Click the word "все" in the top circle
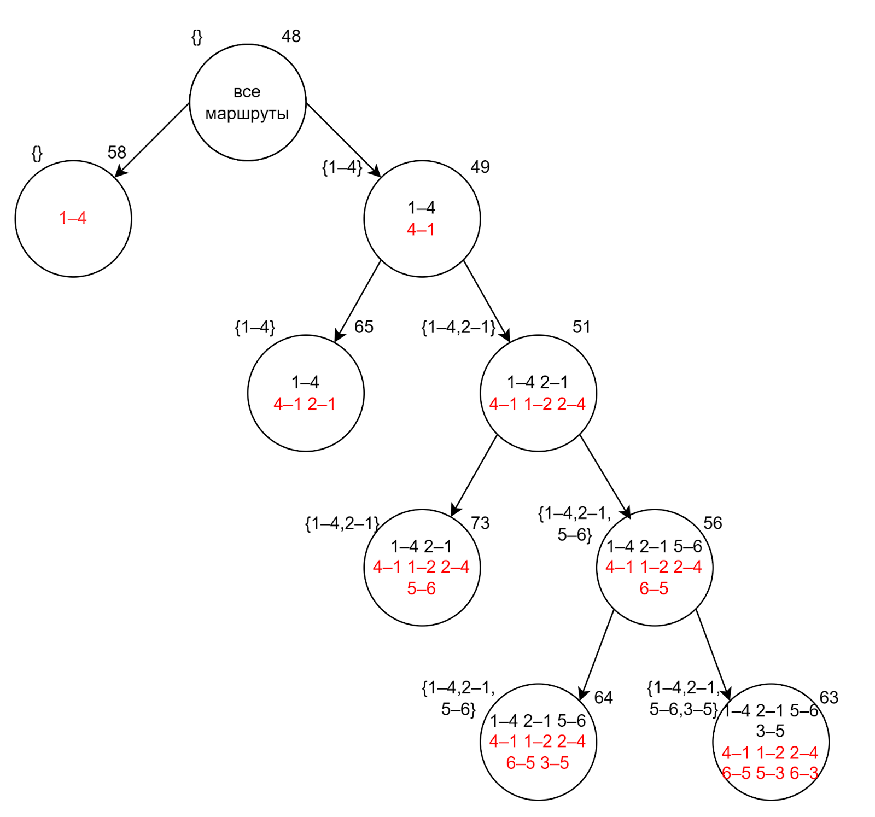click(x=247, y=92)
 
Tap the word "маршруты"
click(x=247, y=114)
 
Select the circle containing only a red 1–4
click(x=73, y=219)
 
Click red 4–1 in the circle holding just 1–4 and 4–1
click(x=421, y=230)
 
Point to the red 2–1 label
click(x=322, y=404)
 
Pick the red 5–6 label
click(x=421, y=588)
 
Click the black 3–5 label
click(x=770, y=731)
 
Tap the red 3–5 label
click(x=555, y=763)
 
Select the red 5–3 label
click(x=770, y=773)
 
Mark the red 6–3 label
click(x=803, y=773)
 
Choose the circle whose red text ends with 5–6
click(x=422, y=568)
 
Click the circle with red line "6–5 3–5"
click(x=538, y=742)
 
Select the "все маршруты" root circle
click(x=247, y=103)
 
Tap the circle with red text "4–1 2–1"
click(x=306, y=393)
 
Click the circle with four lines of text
click(x=771, y=742)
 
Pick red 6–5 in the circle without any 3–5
click(x=654, y=588)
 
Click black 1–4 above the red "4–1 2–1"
click(x=305, y=382)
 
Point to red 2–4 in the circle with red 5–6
click(x=455, y=567)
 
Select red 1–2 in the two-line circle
click(x=538, y=404)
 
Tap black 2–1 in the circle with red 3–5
click(x=538, y=721)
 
